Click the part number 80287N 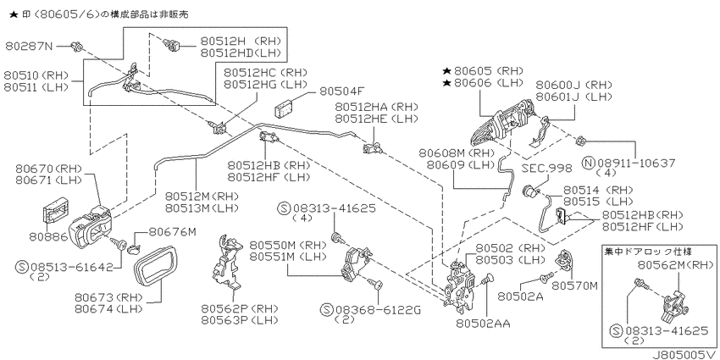click(30, 46)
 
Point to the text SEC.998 click(547, 169)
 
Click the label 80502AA click(484, 324)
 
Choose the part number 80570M click(575, 285)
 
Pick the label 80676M click(172, 232)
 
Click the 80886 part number click(48, 237)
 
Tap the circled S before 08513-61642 click(21, 267)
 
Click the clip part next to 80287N click(76, 46)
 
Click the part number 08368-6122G click(377, 309)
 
